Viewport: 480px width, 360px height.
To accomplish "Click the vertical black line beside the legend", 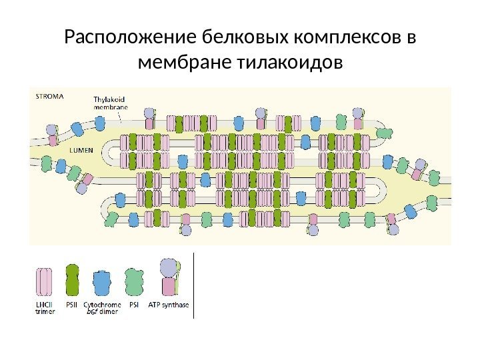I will click(x=194, y=286).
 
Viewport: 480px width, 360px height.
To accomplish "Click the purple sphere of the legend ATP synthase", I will click(x=168, y=267).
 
